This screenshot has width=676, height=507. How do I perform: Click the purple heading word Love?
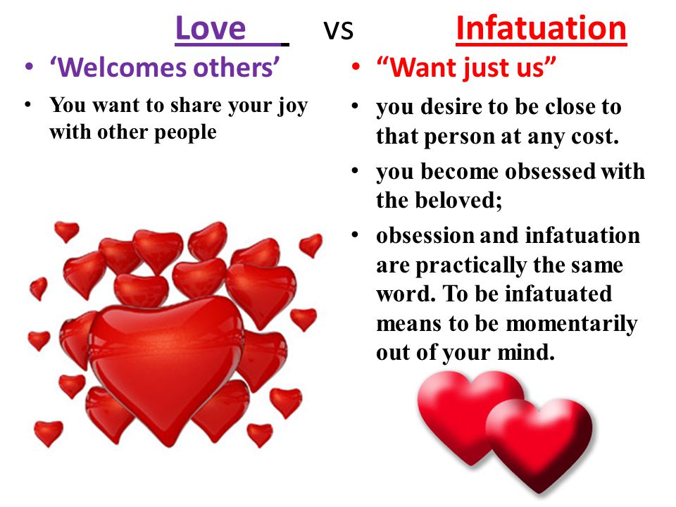[211, 28]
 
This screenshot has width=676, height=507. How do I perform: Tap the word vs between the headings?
[339, 30]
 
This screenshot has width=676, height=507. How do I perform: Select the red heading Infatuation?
[541, 28]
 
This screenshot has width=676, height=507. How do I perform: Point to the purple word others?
[234, 68]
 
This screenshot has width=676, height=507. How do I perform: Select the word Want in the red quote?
[421, 68]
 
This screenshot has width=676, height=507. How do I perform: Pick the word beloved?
[459, 200]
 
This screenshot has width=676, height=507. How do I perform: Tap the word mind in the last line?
[526, 352]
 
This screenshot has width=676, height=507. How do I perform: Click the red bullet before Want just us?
[356, 67]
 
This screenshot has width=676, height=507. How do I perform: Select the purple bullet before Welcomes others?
[29, 66]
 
